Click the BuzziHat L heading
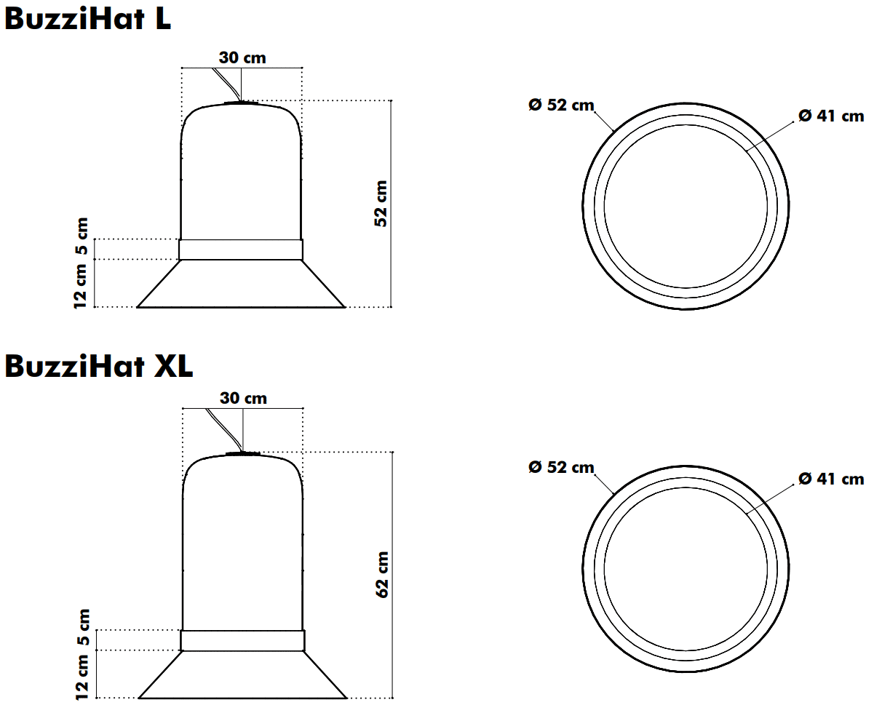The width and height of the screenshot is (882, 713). (87, 19)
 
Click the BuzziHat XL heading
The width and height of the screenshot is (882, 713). (98, 367)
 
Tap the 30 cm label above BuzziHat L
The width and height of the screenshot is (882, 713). (242, 57)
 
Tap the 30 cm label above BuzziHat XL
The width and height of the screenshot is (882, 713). (243, 398)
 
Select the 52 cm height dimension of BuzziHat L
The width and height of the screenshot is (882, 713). (381, 203)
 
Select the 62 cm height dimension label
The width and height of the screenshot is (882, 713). (382, 574)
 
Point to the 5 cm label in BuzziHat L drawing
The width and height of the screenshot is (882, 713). (82, 236)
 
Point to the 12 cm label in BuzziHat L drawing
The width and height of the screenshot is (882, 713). (80, 286)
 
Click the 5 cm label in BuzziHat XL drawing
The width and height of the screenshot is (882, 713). (83, 627)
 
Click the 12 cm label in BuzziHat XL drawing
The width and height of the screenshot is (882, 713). (82, 677)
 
